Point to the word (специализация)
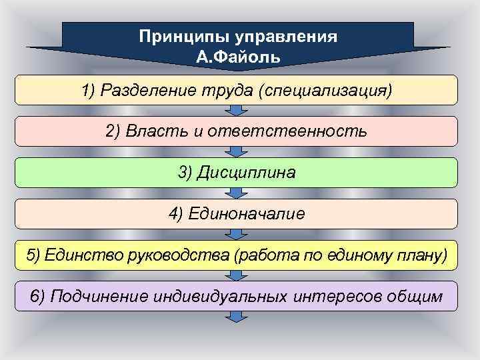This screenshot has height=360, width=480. point(326,90)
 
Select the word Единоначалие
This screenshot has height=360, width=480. point(247,213)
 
